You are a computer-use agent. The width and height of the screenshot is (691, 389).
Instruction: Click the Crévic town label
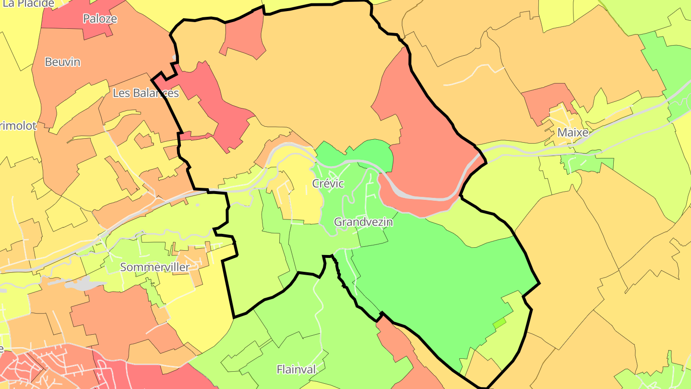tap(328, 183)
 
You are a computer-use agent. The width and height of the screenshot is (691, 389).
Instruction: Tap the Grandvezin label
tap(363, 222)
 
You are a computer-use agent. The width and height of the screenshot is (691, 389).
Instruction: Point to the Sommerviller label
tap(155, 267)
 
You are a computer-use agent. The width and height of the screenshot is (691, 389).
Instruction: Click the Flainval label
tap(296, 369)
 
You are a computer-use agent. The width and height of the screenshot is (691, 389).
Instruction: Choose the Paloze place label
tap(100, 19)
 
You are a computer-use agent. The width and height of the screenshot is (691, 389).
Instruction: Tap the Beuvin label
tap(62, 62)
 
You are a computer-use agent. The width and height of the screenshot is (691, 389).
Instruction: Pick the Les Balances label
tap(145, 93)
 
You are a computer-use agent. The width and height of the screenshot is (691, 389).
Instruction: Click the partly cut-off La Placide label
tap(29, 4)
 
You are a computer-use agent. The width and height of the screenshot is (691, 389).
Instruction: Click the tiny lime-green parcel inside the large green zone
tap(500, 323)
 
